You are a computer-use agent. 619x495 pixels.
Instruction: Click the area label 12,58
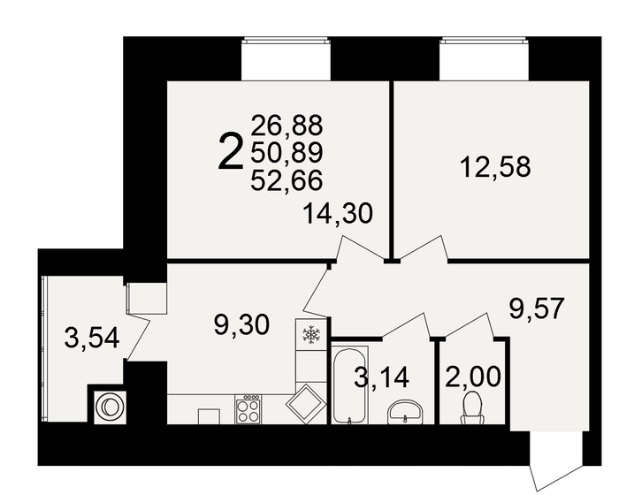(495, 166)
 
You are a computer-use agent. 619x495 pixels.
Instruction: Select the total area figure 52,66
(287, 180)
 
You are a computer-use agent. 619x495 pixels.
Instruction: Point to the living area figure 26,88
(287, 126)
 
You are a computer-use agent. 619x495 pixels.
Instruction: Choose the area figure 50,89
(287, 153)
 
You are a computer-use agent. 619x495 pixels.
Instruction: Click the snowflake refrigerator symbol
(310, 333)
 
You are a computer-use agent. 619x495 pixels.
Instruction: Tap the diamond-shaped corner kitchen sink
(305, 402)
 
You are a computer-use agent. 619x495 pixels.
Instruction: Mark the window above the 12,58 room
(485, 59)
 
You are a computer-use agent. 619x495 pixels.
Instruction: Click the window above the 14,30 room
(287, 59)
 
